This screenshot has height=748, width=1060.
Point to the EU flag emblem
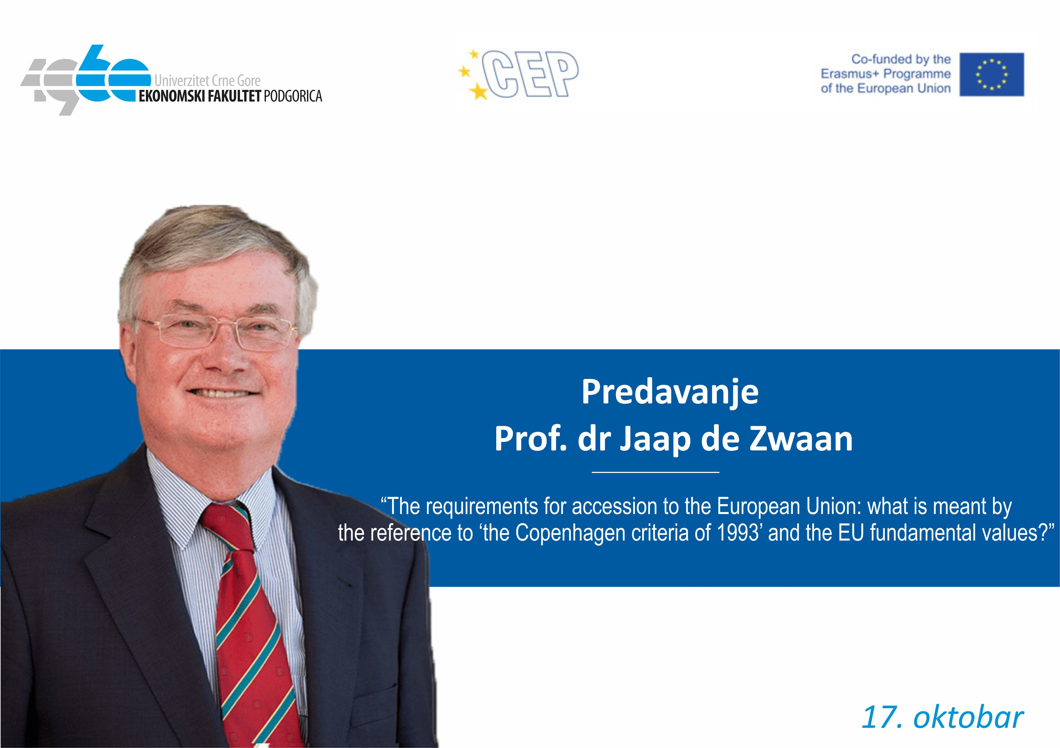pyautogui.click(x=992, y=74)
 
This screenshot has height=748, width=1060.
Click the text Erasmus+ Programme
pyautogui.click(x=885, y=74)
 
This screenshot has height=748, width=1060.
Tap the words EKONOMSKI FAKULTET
pyautogui.click(x=200, y=96)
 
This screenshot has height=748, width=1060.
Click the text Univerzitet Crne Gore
pyautogui.click(x=207, y=81)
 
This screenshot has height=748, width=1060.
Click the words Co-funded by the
pyautogui.click(x=901, y=59)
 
